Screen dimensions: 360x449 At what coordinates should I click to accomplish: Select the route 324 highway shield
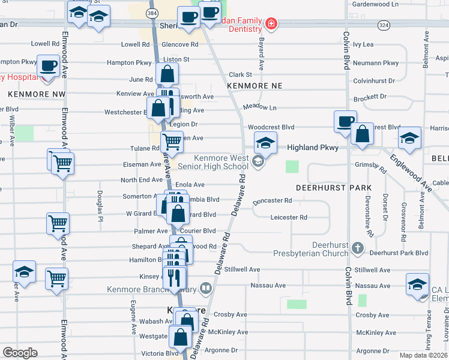[x=384, y=25]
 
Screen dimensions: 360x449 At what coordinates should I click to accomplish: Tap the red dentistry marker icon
[x=271, y=24]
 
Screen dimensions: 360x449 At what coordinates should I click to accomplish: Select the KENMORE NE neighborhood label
[x=255, y=86]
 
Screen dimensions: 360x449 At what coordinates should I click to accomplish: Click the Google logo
[x=20, y=353]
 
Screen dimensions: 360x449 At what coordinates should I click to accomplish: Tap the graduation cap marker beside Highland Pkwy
[x=265, y=142]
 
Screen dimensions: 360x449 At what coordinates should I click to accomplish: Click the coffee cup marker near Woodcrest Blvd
[x=345, y=121]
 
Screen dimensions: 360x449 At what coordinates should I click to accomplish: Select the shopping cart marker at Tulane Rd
[x=172, y=142]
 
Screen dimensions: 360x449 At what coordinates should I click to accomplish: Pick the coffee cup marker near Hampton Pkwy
[x=48, y=65]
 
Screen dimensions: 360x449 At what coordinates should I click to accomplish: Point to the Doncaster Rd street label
[x=272, y=201]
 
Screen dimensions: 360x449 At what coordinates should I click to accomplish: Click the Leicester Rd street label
[x=288, y=217]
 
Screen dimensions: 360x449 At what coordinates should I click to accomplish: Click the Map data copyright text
[x=423, y=355]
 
